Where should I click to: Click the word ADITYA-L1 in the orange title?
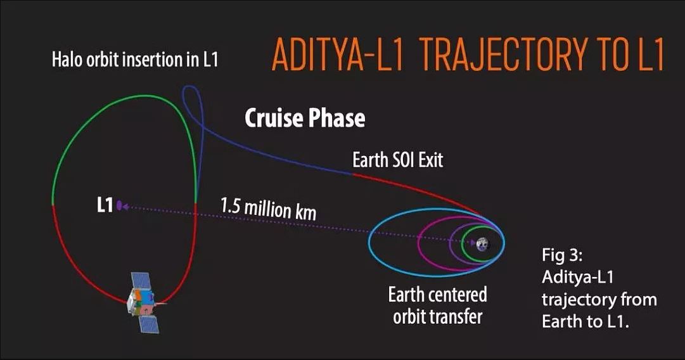(x=338, y=55)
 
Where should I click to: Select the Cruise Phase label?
(x=305, y=118)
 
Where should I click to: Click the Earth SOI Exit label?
(x=397, y=160)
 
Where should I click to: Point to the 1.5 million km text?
(x=268, y=209)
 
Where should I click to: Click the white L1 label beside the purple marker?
(x=105, y=205)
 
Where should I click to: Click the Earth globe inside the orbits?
(x=482, y=244)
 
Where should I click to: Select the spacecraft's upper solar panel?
(x=141, y=282)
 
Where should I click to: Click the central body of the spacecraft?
(x=141, y=302)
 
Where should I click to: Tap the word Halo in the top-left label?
(x=67, y=60)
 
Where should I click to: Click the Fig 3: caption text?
(x=562, y=255)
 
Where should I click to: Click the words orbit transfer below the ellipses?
(x=438, y=317)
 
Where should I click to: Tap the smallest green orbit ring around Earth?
(x=462, y=244)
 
